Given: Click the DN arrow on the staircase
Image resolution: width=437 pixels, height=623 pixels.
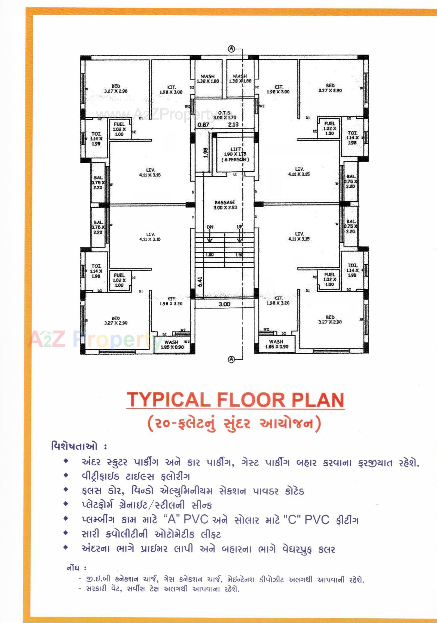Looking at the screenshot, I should (210, 234).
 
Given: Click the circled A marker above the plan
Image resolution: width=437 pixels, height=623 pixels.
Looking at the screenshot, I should (231, 49).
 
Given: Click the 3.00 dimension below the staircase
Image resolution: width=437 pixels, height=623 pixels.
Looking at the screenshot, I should (224, 304).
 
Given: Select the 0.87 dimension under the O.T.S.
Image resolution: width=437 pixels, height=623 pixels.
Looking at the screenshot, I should (203, 125).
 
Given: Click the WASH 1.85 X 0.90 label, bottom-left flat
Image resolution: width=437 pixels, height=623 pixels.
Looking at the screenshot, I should (172, 344).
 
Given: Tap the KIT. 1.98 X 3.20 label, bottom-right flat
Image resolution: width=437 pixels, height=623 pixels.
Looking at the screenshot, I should (278, 300).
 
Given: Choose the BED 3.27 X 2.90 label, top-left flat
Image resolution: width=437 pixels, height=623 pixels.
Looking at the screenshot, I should (116, 88).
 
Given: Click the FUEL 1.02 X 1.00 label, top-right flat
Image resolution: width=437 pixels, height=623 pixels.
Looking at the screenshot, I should (330, 128).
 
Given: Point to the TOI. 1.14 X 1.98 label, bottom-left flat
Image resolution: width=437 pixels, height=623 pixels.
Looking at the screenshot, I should (96, 271).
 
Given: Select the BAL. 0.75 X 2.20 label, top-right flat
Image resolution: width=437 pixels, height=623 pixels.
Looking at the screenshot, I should (351, 181).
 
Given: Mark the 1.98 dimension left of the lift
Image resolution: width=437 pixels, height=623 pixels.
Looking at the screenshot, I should (206, 153).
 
